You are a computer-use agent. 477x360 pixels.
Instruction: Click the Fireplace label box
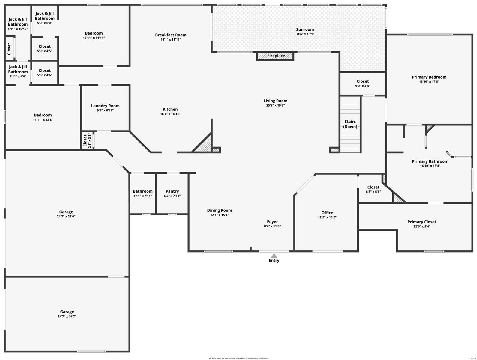275,56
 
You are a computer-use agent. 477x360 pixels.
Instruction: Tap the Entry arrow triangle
274,256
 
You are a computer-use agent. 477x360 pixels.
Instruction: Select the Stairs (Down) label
350,124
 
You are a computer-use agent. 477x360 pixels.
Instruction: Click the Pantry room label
172,191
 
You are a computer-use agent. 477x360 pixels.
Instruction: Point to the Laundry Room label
105,106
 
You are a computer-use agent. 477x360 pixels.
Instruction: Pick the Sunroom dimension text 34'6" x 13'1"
305,34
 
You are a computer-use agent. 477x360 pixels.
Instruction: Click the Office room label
327,213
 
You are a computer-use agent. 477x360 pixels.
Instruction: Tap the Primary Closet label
422,222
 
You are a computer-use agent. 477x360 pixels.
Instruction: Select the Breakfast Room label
171,35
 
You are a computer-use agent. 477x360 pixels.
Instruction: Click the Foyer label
272,222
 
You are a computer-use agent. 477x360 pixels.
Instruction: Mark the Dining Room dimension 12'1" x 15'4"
220,215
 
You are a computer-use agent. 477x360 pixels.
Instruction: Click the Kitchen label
170,109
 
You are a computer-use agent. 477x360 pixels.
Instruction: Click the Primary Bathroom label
430,161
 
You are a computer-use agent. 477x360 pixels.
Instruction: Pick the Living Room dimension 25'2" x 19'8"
275,106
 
